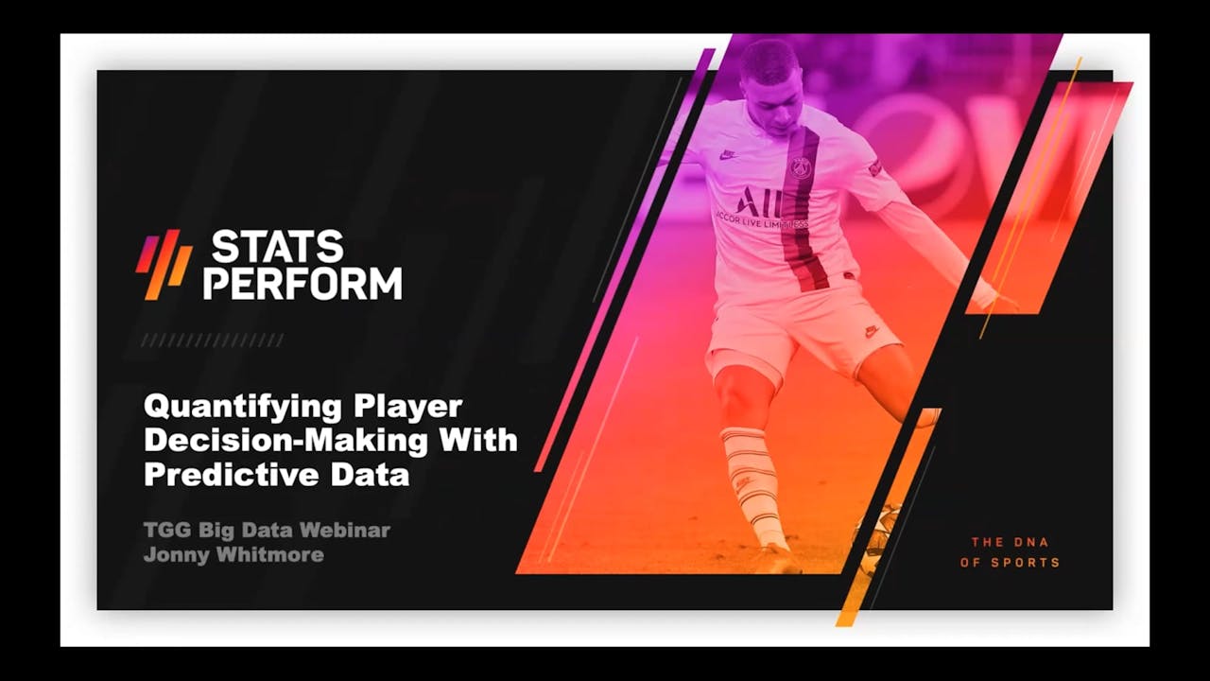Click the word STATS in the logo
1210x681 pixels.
[x=277, y=247]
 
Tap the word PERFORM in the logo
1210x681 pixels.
[x=302, y=283]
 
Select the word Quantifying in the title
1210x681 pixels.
[x=242, y=408]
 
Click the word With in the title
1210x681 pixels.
[x=485, y=441]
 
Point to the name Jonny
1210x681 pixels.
[x=176, y=554]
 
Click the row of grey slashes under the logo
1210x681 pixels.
[x=213, y=340]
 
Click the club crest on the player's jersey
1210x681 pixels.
[x=801, y=167]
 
